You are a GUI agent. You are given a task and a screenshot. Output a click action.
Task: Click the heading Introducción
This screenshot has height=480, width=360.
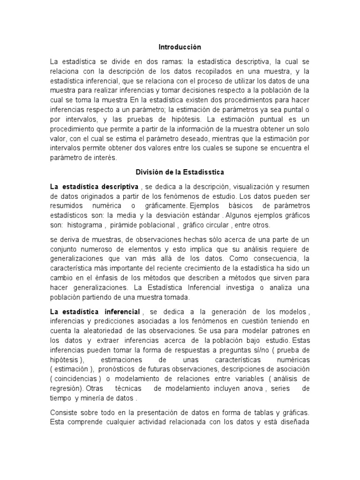(x=180, y=47)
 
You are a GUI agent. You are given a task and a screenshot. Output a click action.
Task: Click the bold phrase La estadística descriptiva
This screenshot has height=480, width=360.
(x=94, y=187)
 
